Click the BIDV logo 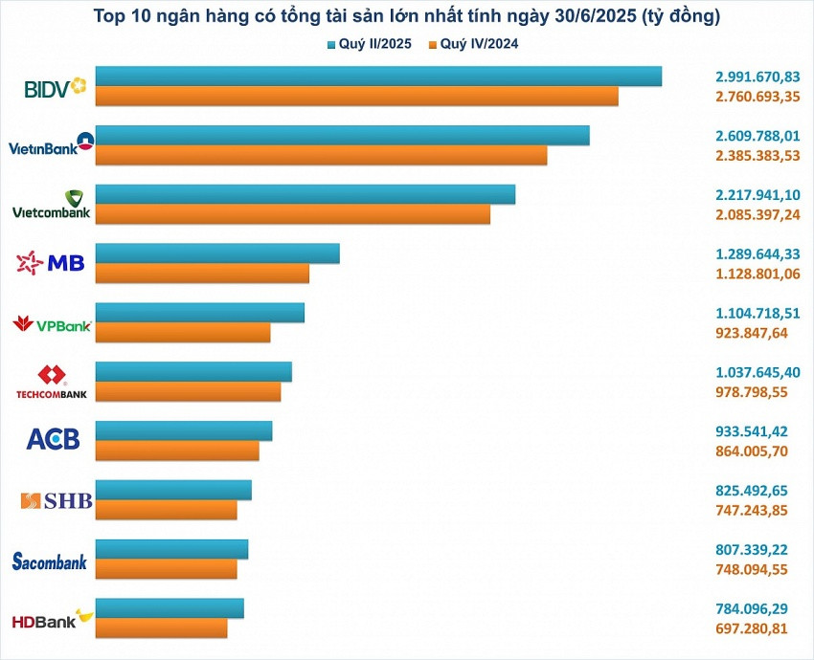point(54,88)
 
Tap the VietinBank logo point(52,145)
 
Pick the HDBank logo point(52,620)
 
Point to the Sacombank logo point(49,561)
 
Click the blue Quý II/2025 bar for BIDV point(378,77)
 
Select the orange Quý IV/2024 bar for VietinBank point(321,155)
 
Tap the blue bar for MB point(217,253)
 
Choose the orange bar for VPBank point(183,333)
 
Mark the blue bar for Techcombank point(193,372)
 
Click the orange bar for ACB point(177,451)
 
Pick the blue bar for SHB point(173,490)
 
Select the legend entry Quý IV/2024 point(474,44)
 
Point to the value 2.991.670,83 point(757,77)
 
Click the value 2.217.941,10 point(757,194)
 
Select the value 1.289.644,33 point(757,253)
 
